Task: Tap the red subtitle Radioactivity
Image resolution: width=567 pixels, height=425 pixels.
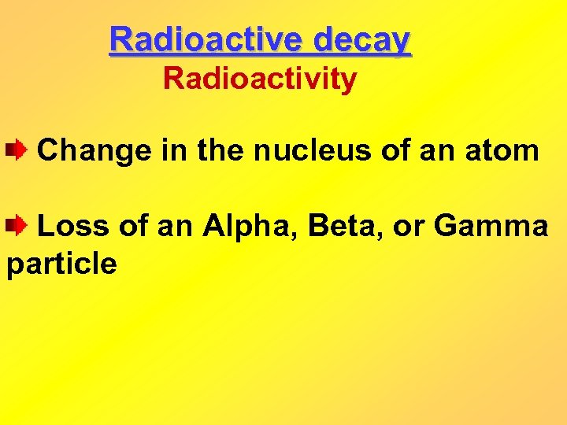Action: (259, 79)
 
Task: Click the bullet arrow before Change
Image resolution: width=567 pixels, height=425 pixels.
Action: (17, 149)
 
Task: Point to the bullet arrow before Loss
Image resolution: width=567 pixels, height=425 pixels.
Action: (17, 227)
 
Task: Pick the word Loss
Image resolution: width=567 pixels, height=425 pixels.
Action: (75, 227)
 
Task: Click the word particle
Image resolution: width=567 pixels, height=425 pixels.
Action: (61, 264)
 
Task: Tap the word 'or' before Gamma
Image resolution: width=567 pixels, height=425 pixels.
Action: (408, 227)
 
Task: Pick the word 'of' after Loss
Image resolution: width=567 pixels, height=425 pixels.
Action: (135, 227)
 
